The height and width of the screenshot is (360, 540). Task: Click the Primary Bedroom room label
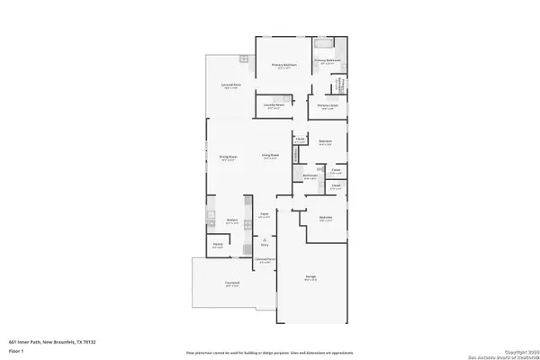pos(283,66)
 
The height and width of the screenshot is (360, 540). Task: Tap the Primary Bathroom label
pos(327,61)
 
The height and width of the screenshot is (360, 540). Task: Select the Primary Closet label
pos(328,106)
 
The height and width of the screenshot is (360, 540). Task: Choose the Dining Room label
pos(229,157)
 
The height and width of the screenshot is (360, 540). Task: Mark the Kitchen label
pos(231,220)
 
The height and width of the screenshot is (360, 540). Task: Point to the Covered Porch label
pos(265,259)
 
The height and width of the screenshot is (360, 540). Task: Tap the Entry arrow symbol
pos(265,239)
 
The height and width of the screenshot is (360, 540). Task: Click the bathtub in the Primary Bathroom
pos(324,43)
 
